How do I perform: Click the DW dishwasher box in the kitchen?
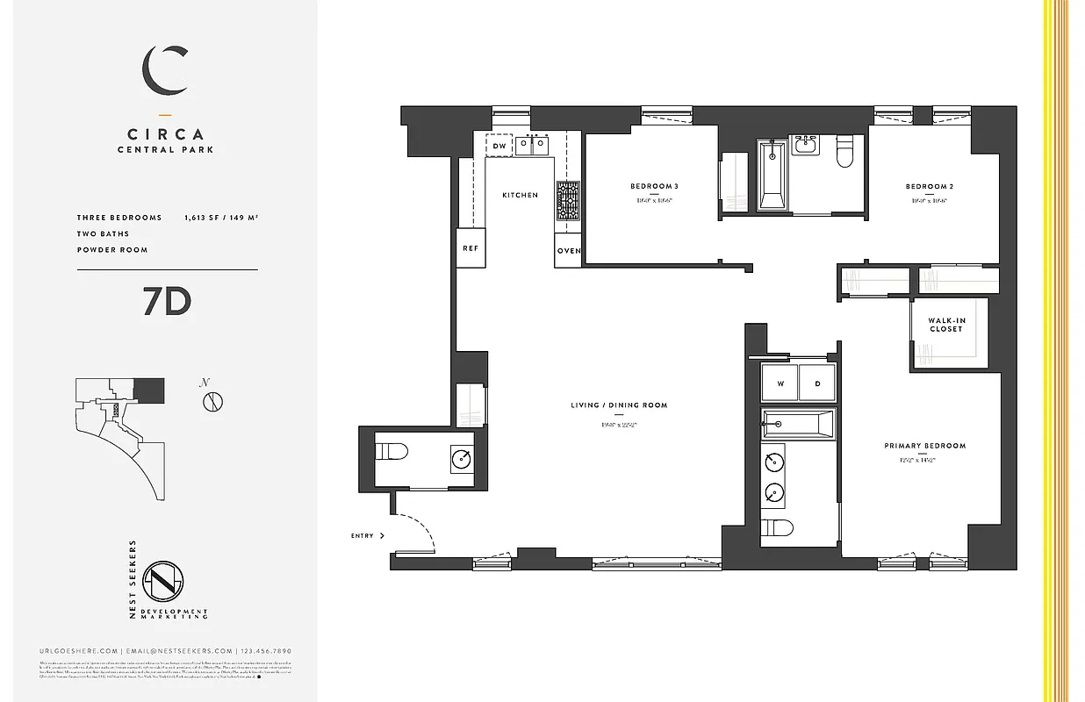(499, 146)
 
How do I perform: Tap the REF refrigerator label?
(471, 248)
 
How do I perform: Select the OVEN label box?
(568, 251)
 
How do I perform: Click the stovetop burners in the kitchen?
(568, 200)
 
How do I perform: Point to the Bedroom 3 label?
(654, 186)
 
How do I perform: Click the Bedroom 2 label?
(930, 186)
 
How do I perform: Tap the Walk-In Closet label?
(946, 325)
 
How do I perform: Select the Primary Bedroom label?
(924, 446)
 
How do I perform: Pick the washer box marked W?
(780, 383)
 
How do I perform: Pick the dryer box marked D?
(817, 383)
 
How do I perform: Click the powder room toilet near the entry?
(392, 453)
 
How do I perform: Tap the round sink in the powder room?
(463, 457)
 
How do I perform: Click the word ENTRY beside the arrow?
(362, 535)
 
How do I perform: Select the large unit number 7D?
(167, 303)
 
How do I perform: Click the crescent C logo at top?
(166, 71)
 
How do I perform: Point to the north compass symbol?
(212, 402)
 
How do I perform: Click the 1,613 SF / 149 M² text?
(220, 218)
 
